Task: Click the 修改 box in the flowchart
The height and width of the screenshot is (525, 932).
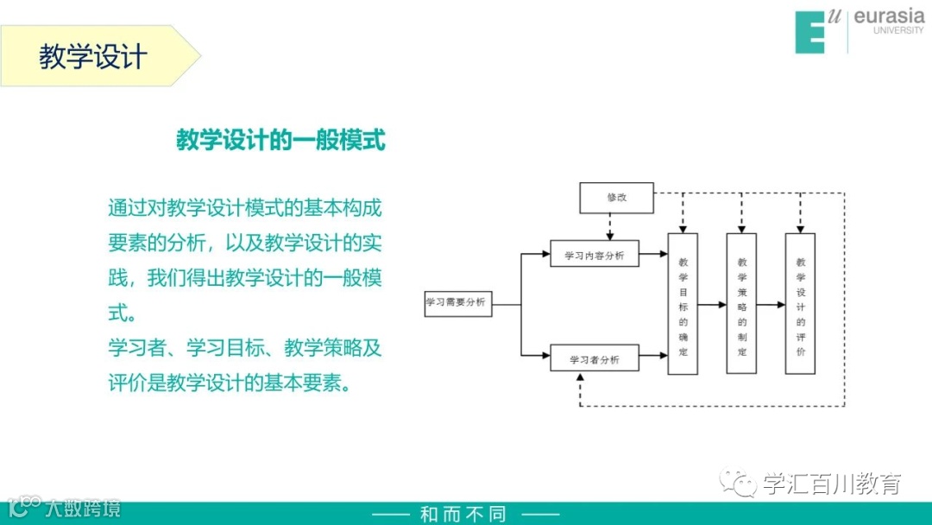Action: point(616,198)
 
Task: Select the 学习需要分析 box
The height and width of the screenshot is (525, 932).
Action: point(458,303)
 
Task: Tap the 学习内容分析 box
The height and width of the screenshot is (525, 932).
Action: point(595,254)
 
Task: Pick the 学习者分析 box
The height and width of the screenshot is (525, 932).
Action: point(595,357)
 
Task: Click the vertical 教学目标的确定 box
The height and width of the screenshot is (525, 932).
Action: point(683,303)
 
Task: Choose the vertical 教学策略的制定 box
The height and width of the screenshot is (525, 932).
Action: point(741,303)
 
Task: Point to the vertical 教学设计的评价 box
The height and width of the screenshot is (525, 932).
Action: point(800,303)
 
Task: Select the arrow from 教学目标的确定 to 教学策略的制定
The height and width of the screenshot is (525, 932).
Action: point(712,304)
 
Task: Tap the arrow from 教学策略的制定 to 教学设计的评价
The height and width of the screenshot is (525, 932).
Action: point(771,304)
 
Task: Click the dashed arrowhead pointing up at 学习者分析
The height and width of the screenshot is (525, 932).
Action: point(581,378)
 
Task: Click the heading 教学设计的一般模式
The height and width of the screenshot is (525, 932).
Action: point(280,140)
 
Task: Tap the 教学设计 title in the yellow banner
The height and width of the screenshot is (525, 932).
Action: point(93,57)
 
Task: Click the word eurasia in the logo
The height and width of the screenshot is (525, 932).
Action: point(889,16)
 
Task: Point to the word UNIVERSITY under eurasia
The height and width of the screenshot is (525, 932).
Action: point(898,31)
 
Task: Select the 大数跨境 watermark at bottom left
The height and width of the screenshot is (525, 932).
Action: point(83,507)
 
